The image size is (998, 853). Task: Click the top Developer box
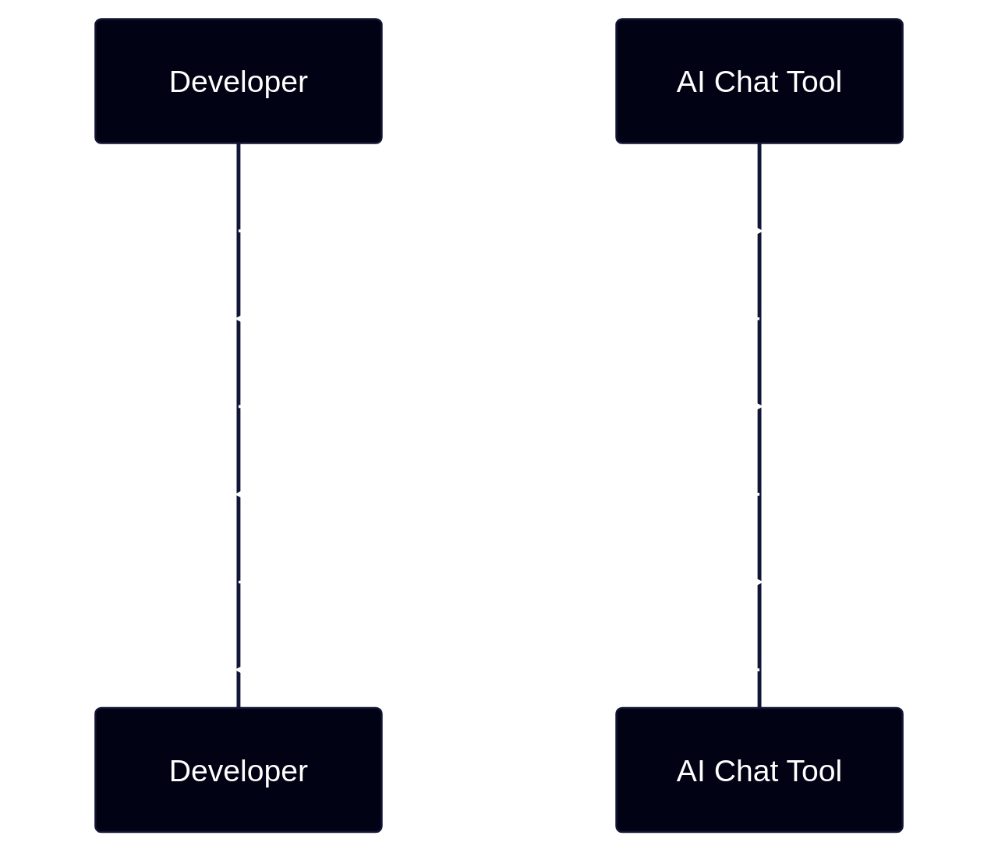point(239,81)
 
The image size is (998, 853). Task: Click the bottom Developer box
point(239,770)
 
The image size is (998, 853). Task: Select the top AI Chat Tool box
point(759,81)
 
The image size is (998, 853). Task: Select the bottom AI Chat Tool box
point(759,770)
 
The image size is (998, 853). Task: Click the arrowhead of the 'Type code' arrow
point(752,231)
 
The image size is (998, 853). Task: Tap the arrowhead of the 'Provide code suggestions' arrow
point(245,318)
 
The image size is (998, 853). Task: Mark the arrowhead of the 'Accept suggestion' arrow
point(752,406)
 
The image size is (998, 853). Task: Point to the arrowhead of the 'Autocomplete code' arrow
point(245,494)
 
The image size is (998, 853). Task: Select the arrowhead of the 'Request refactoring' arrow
point(752,582)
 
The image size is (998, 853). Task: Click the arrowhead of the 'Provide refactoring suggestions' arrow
point(245,669)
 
